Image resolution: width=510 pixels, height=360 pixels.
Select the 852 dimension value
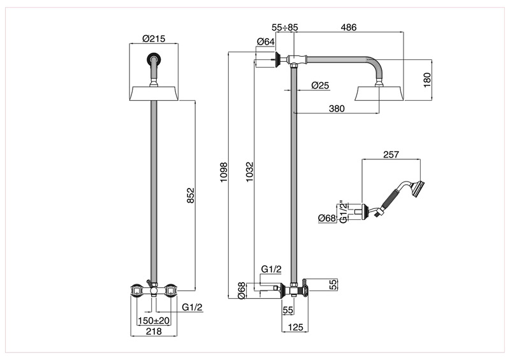(189, 195)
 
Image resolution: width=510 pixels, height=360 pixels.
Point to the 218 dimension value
(153, 332)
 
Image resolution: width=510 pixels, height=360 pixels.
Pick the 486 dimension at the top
(349, 27)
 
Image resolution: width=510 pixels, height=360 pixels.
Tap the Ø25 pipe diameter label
(320, 85)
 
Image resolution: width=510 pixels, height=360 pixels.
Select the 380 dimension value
(336, 109)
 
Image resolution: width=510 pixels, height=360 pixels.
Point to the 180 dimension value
(428, 80)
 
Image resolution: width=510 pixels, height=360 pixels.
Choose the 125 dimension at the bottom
(295, 329)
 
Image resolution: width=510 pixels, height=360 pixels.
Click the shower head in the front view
(154, 94)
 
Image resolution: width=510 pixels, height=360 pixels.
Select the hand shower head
(418, 187)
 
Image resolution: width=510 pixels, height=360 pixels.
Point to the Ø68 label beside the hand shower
(327, 219)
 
